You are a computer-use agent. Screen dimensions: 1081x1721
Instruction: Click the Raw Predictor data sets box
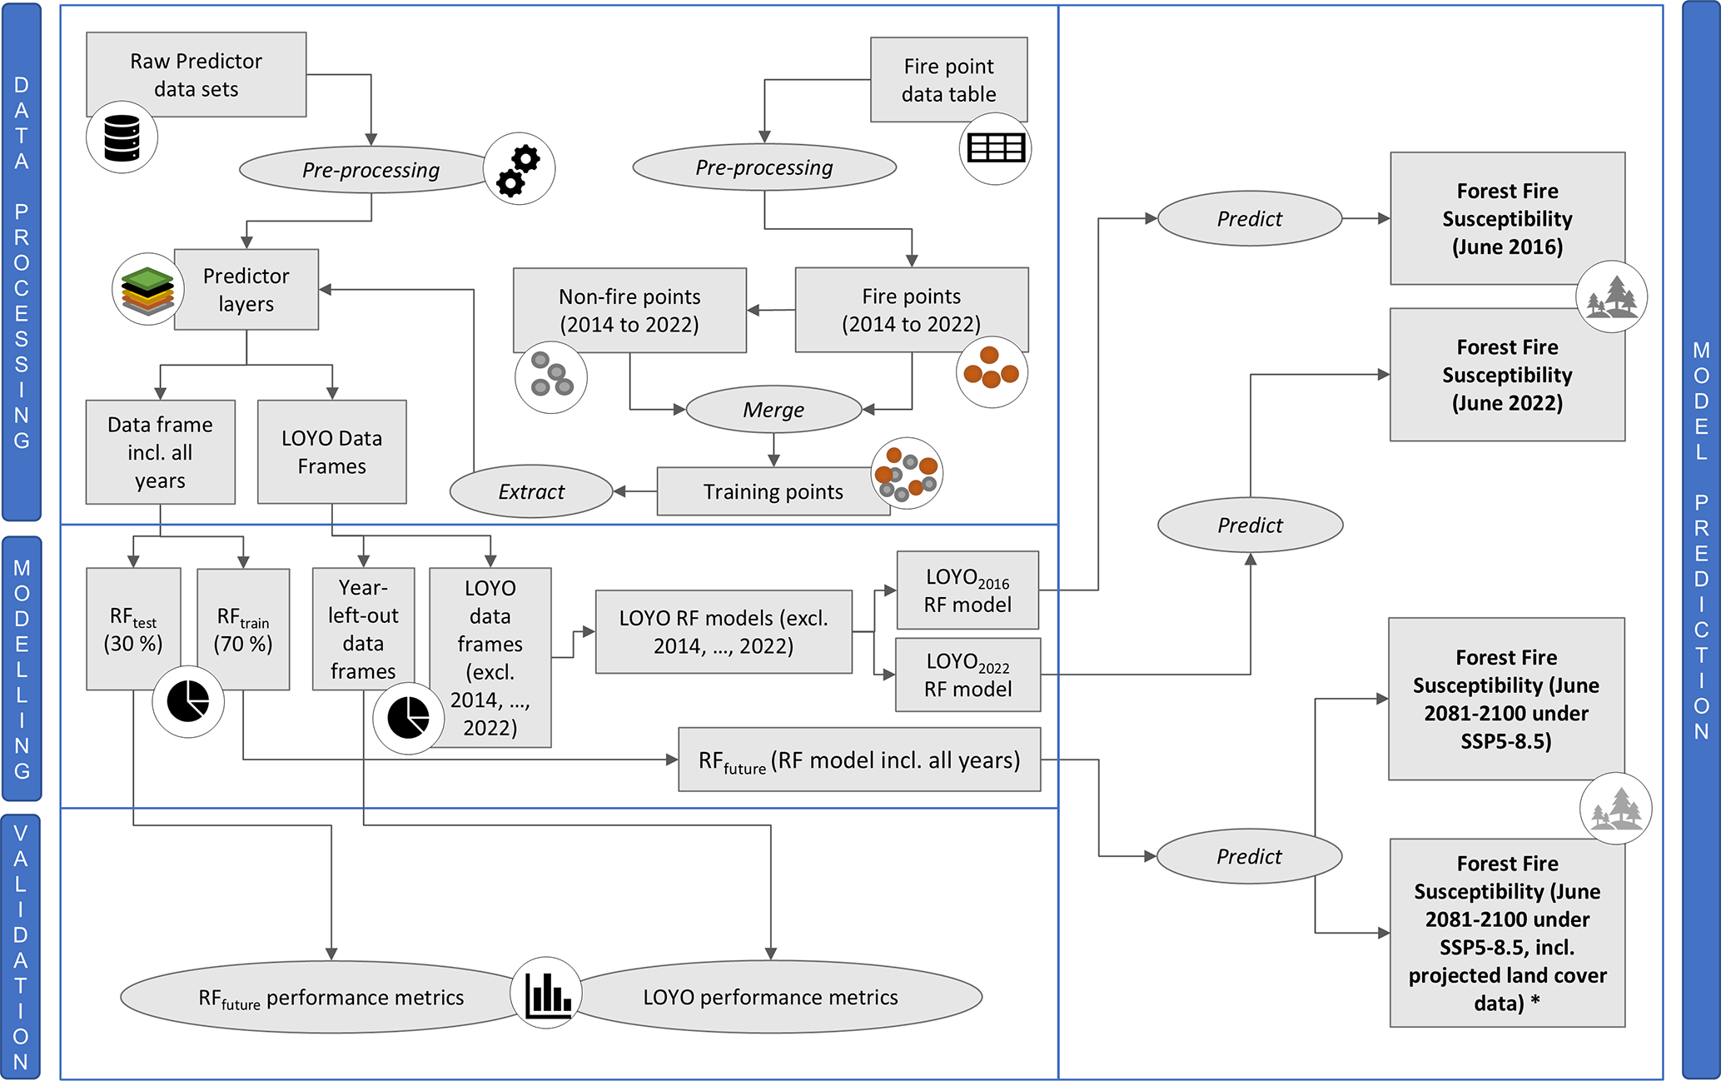tap(196, 75)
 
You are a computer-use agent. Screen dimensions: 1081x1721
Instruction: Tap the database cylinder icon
tap(122, 138)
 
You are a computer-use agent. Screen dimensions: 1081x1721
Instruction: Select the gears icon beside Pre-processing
tap(519, 169)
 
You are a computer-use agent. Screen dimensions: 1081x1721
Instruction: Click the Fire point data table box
tap(948, 80)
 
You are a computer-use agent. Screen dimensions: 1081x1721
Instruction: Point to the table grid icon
tap(996, 148)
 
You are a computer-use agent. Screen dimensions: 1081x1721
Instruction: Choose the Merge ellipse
tap(773, 410)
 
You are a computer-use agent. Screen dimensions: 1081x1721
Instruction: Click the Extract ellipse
tap(531, 492)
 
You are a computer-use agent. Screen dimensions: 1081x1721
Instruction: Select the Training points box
tap(773, 492)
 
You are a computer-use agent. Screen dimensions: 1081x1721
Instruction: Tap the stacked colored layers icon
tap(147, 289)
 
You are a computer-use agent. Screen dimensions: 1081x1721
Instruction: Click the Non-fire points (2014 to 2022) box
tap(629, 311)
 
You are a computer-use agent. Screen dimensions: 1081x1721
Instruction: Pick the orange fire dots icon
tap(992, 371)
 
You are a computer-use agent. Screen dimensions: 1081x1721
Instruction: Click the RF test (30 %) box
tap(133, 630)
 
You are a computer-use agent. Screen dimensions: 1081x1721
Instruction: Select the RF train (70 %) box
tap(243, 630)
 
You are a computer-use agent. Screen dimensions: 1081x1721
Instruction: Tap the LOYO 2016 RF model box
tap(967, 590)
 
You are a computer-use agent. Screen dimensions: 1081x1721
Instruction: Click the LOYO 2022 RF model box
tap(967, 675)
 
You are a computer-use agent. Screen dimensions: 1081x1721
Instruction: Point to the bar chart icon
tap(546, 993)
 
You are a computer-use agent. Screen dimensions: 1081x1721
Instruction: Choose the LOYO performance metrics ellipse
tap(771, 998)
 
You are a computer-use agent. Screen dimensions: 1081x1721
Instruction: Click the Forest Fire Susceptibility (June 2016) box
tap(1507, 219)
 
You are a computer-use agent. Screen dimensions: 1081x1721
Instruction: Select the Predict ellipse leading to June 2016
tap(1250, 219)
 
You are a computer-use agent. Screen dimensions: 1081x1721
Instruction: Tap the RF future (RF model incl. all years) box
tap(859, 760)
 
